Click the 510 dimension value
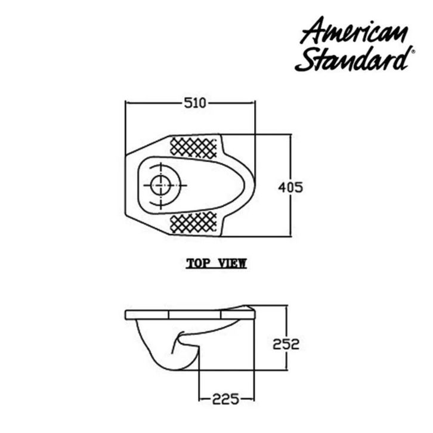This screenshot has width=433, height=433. [x=195, y=103]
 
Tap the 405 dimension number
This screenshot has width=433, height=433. [x=290, y=187]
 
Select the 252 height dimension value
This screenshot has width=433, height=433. [x=286, y=344]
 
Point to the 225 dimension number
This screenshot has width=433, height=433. [x=225, y=399]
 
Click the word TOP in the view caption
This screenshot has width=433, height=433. [x=198, y=264]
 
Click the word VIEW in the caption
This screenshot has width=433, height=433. [x=232, y=264]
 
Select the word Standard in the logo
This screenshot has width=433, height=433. [x=352, y=59]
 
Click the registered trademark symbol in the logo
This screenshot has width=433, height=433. [x=413, y=51]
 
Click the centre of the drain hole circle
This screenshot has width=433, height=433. [x=160, y=185]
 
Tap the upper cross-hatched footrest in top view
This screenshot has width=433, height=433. [x=193, y=148]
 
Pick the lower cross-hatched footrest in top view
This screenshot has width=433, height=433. [x=193, y=222]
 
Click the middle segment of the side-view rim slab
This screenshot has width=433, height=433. [x=195, y=314]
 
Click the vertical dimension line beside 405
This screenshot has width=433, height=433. [x=290, y=185]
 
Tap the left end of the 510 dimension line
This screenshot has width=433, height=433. [x=126, y=103]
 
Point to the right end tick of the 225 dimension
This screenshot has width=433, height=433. [x=254, y=399]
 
